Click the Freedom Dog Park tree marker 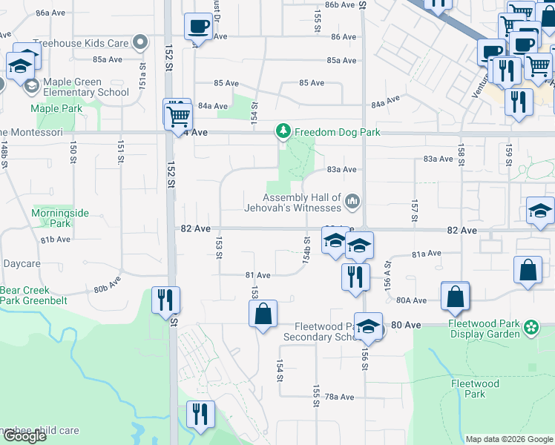coord(282,132)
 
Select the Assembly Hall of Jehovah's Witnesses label coord(302,202)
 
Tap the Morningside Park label coord(60,218)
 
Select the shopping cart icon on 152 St coord(178,116)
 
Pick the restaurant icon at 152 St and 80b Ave coord(165,300)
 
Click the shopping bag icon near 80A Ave coord(455,297)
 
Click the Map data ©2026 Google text coord(509,439)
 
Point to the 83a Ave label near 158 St coord(438,159)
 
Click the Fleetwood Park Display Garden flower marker coord(531,327)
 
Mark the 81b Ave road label coord(55,240)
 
